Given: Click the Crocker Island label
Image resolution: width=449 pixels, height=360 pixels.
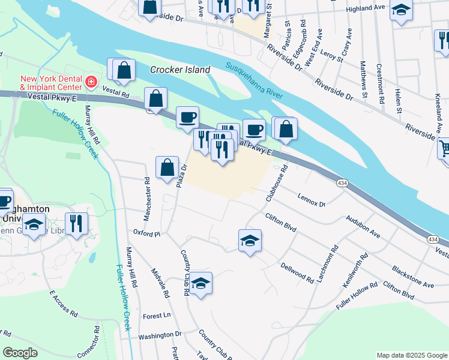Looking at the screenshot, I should pyautogui.click(x=180, y=70).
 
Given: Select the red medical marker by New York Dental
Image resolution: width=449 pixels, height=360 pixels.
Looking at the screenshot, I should pyautogui.click(x=91, y=82).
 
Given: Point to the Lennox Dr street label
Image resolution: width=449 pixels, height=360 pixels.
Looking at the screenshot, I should pyautogui.click(x=312, y=200).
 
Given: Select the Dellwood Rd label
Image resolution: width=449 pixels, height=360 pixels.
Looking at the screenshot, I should pyautogui.click(x=297, y=271).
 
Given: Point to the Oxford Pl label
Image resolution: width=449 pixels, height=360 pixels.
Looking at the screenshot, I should pyautogui.click(x=147, y=233).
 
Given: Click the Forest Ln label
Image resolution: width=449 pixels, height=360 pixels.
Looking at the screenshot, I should pyautogui.click(x=157, y=316).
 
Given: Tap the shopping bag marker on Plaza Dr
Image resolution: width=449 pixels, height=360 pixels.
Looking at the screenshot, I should pyautogui.click(x=167, y=167).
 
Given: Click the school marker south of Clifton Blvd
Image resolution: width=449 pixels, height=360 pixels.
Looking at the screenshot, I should pyautogui.click(x=250, y=241).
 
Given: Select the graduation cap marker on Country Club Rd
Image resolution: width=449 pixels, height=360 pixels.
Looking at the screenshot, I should pyautogui.click(x=201, y=283).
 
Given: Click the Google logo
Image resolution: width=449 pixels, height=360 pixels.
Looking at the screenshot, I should pyautogui.click(x=19, y=353).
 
